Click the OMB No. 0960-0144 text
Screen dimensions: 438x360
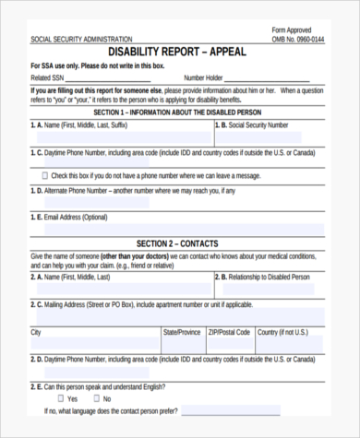click(x=298, y=40)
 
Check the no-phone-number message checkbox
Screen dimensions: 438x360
click(x=45, y=175)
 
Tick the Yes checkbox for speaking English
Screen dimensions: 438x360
click(x=61, y=398)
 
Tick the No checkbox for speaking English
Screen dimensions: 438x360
click(x=95, y=398)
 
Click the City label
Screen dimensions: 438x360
click(x=36, y=330)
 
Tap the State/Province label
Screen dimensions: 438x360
click(x=182, y=330)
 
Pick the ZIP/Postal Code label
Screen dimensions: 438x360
click(x=228, y=330)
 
